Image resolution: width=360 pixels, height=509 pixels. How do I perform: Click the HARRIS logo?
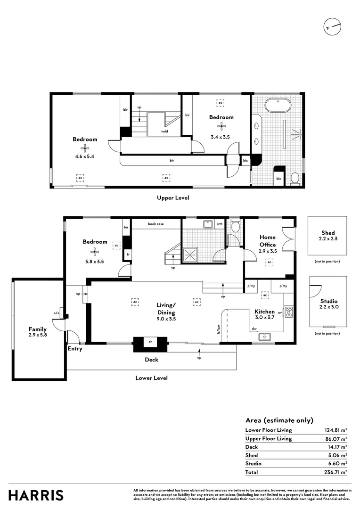point(36,495)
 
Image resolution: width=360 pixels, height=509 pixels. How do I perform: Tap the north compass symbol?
point(332,27)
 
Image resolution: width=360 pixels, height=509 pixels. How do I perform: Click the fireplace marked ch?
point(150,344)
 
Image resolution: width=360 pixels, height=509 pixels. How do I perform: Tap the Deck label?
point(151,360)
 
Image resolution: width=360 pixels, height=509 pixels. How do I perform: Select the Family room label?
point(38,329)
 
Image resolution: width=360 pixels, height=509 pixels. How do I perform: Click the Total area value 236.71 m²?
point(335,472)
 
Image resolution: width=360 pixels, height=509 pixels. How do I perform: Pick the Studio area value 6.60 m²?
point(338,463)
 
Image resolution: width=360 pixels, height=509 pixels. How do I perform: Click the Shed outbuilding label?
point(328,232)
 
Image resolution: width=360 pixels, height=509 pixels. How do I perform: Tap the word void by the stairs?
point(164,131)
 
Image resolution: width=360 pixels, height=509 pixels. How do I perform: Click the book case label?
point(155,224)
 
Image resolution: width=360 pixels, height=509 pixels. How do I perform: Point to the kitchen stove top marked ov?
point(288,312)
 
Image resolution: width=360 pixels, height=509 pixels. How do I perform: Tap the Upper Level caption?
point(173,198)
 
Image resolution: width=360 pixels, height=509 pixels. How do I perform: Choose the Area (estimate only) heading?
point(279,420)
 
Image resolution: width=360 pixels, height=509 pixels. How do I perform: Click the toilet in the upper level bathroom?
point(295,178)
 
